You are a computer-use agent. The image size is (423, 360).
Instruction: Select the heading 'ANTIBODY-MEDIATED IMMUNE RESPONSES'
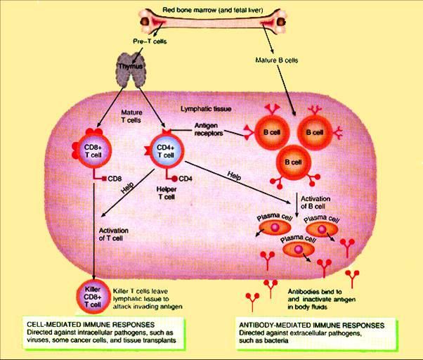311,326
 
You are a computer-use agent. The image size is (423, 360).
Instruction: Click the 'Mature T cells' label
132,115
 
